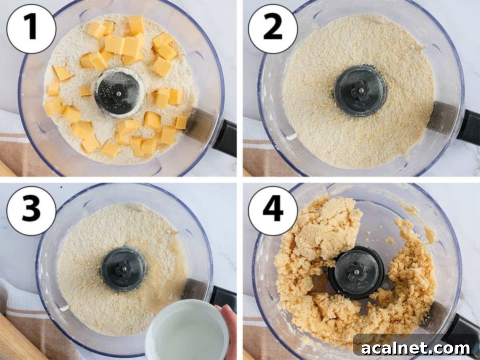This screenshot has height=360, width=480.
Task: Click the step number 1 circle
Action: [x=31, y=29]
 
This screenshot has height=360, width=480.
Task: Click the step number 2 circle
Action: [x=273, y=29]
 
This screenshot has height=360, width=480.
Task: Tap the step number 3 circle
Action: [x=31, y=211]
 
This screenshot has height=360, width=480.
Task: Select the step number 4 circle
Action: [x=273, y=211]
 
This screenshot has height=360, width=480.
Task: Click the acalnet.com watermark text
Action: [x=416, y=348]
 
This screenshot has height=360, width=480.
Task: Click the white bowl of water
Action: [x=186, y=330]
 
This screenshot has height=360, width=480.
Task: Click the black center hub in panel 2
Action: [x=360, y=91]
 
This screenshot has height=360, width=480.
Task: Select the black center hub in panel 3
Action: [x=123, y=269]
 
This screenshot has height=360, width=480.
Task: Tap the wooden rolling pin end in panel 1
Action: [x=6, y=169]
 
